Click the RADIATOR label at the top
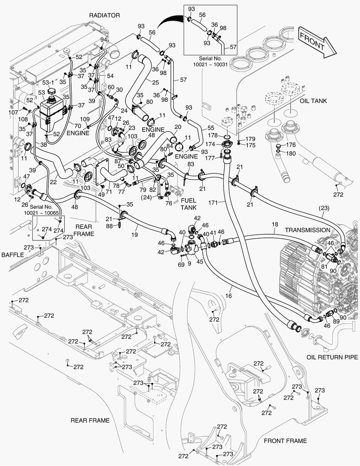(104, 16)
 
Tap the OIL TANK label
(313, 101)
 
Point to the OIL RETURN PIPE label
(332, 357)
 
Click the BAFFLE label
(12, 255)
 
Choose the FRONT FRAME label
(285, 441)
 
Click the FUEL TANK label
(188, 204)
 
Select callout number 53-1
(48, 83)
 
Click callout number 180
(291, 153)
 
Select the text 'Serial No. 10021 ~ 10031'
(210, 61)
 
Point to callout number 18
(275, 224)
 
